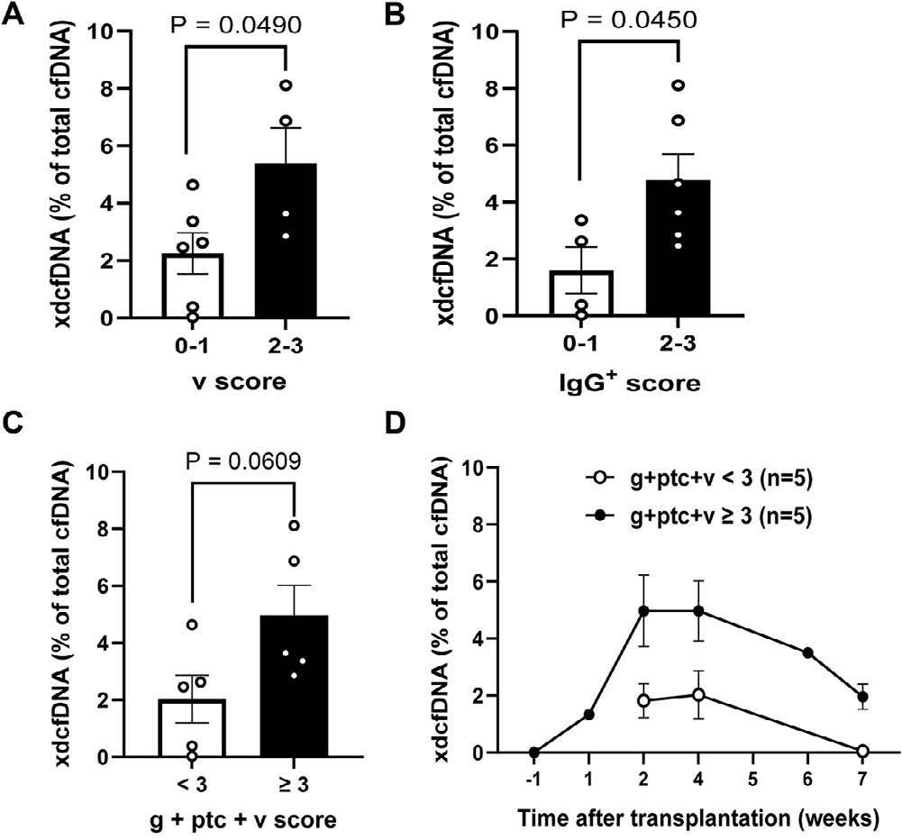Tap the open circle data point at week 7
click(862, 751)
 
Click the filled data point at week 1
click(588, 715)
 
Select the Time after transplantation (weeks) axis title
click(699, 819)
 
